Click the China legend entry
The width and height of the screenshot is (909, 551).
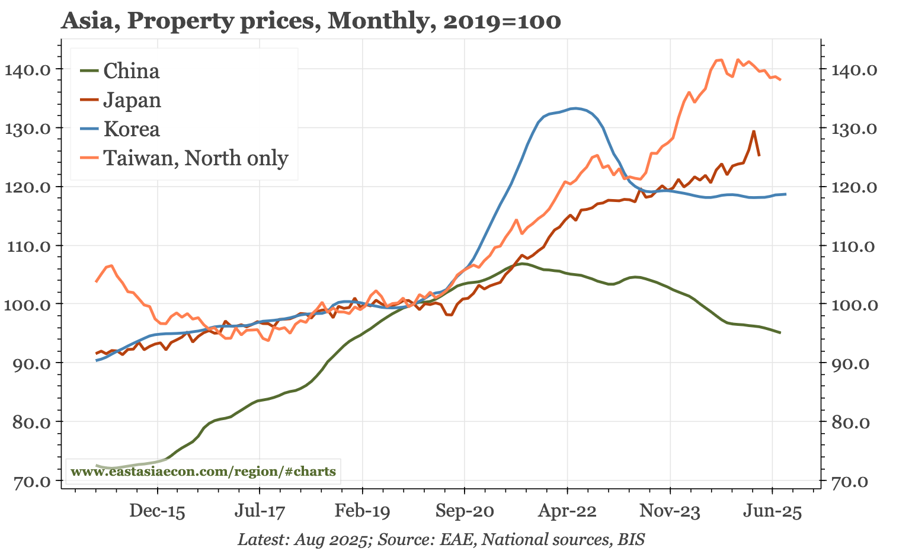click(131, 71)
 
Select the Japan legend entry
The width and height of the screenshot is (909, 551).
click(132, 100)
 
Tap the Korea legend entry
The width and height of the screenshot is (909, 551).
click(131, 129)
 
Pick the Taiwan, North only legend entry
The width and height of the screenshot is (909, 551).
click(196, 158)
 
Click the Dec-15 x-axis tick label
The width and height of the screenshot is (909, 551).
click(158, 511)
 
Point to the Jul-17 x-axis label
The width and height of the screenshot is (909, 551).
click(260, 511)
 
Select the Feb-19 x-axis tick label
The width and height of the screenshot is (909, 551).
click(362, 511)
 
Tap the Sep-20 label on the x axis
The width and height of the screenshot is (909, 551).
click(465, 511)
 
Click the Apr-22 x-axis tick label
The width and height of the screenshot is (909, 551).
click(567, 511)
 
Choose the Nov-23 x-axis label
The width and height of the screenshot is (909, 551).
click(670, 511)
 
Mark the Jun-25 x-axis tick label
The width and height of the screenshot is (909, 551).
click(772, 511)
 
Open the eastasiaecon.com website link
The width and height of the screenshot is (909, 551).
click(203, 472)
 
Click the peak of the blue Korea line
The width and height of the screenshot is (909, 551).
click(574, 108)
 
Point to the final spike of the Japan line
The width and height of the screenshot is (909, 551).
click(753, 132)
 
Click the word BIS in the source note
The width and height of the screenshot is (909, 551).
click(631, 540)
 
